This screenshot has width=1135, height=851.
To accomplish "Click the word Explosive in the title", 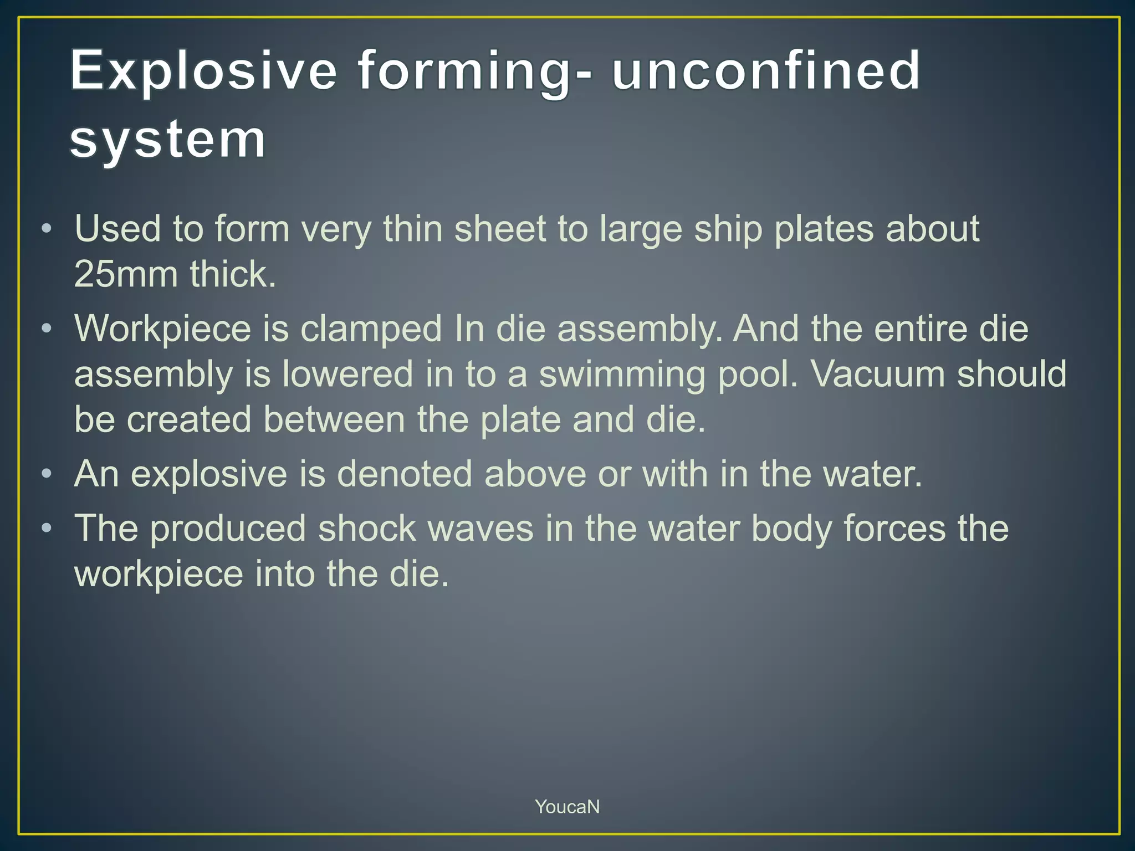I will coord(203,70).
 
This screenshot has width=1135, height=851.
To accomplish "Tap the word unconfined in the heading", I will coord(765,70).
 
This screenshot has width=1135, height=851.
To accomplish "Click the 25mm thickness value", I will coord(126,274).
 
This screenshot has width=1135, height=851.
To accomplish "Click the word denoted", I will coord(404,474).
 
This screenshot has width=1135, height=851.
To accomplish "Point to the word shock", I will coord(366,529).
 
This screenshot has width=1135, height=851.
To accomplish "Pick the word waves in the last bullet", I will coord(480,529).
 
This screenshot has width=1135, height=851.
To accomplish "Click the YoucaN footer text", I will coord(567,807).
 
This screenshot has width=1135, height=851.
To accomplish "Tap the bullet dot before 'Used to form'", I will coord(47,229).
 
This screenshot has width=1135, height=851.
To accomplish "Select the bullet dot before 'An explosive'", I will coord(47,474).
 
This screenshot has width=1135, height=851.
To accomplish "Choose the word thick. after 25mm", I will coord(233,274).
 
